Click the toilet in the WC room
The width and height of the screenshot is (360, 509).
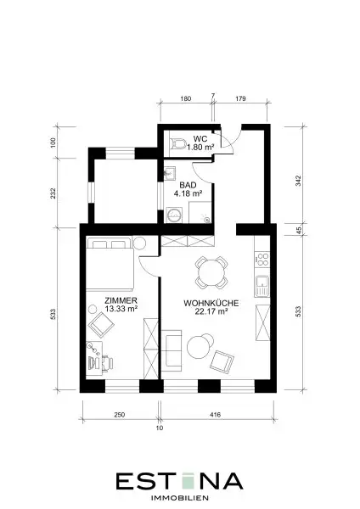[177, 143]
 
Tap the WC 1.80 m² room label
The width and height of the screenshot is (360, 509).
[200, 143]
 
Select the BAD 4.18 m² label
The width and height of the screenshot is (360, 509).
[188, 189]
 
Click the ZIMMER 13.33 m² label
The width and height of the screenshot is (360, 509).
[121, 305]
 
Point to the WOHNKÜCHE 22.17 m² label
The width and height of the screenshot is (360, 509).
[211, 307]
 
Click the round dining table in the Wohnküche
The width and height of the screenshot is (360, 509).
[211, 272]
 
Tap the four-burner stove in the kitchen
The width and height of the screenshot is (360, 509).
[262, 260]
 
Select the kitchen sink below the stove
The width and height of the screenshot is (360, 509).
[262, 286]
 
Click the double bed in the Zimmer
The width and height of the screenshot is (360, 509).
[110, 264]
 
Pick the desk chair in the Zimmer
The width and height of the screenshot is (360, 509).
[107, 362]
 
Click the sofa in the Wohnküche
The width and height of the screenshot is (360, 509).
[172, 350]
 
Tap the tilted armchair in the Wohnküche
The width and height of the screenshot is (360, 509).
[222, 361]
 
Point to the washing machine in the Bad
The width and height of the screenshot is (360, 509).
[174, 215]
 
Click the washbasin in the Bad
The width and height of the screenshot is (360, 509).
[169, 173]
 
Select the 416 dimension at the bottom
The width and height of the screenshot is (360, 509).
[215, 415]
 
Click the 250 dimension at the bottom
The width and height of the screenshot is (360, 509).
[120, 415]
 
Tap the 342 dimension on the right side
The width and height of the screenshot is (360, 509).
[298, 181]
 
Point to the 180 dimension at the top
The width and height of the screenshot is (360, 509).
[186, 98]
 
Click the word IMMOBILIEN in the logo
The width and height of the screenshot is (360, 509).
[180, 498]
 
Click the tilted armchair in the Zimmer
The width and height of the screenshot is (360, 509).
[101, 325]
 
